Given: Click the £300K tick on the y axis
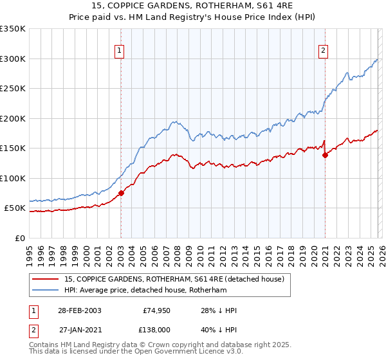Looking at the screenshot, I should [x=13, y=59].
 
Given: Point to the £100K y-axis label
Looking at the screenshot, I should [x=13, y=178].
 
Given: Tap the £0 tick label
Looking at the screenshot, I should [x=19, y=238].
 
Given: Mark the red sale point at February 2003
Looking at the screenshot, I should [x=121, y=193].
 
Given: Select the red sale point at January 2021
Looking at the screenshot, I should [x=325, y=155].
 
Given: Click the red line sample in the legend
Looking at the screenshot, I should [x=46, y=278].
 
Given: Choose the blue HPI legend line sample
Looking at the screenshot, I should [x=46, y=290].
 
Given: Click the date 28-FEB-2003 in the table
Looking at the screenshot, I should [x=78, y=310].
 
